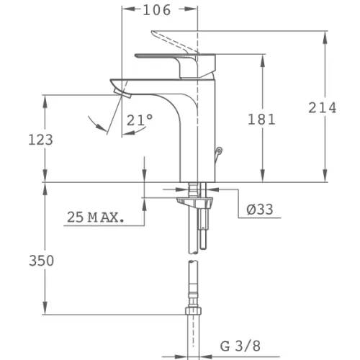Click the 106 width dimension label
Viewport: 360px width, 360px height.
point(157,10)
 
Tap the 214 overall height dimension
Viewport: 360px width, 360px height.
point(323,107)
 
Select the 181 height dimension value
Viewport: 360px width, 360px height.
point(261,120)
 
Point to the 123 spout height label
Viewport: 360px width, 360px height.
point(40,140)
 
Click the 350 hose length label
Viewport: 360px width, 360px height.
point(41,261)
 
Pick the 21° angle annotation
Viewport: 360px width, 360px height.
point(140,120)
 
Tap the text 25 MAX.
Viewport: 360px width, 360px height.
point(96,217)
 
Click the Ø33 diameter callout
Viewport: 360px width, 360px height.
point(260,210)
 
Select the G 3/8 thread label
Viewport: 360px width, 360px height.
point(240,346)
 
